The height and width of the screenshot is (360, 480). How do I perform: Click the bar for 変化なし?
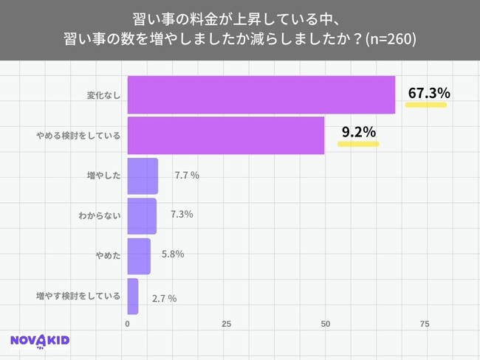tap(261, 94)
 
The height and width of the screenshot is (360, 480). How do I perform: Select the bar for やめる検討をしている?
tap(226, 135)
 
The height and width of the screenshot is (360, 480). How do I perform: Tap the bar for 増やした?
tap(143, 176)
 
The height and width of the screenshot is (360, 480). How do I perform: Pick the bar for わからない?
tap(142, 215)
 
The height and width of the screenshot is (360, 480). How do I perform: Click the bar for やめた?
tap(139, 255)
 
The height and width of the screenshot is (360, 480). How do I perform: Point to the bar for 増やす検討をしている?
tap(133, 296)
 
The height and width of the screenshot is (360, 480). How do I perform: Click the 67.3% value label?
tap(428, 93)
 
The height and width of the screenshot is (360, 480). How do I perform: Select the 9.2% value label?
tap(358, 133)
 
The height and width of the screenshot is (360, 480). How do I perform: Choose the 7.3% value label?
tap(182, 215)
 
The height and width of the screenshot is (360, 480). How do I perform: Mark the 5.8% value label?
tap(173, 255)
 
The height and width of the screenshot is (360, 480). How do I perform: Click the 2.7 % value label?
tap(164, 298)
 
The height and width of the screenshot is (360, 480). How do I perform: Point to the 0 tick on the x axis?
tap(128, 324)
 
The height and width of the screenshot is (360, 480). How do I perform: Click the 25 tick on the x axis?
tap(227, 324)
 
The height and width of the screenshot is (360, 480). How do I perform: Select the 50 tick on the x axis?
tap(326, 324)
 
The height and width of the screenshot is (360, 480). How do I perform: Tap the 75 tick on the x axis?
tap(425, 324)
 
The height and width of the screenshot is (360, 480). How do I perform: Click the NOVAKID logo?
tap(40, 341)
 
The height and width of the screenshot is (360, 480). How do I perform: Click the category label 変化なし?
tap(103, 96)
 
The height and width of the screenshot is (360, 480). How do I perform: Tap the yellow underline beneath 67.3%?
tap(427, 105)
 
